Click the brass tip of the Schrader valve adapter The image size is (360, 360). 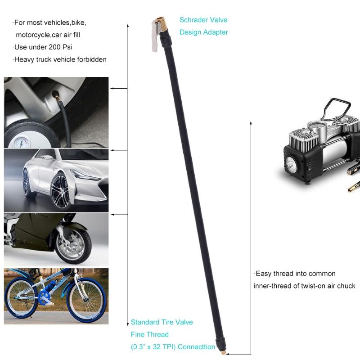(163, 21)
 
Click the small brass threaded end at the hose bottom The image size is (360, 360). (222, 353)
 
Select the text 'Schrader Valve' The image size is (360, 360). (203, 20)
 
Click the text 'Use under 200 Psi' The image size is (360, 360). (43, 47)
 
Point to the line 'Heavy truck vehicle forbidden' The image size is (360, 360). (60, 59)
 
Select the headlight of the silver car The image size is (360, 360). (85, 175)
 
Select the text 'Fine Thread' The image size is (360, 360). (150, 334)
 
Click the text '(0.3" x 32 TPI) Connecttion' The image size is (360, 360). (173, 347)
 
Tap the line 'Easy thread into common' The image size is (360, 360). (295, 274)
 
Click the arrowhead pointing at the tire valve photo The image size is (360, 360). (112, 89)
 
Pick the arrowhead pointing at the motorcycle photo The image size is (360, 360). (112, 215)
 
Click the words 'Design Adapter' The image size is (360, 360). (203, 32)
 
